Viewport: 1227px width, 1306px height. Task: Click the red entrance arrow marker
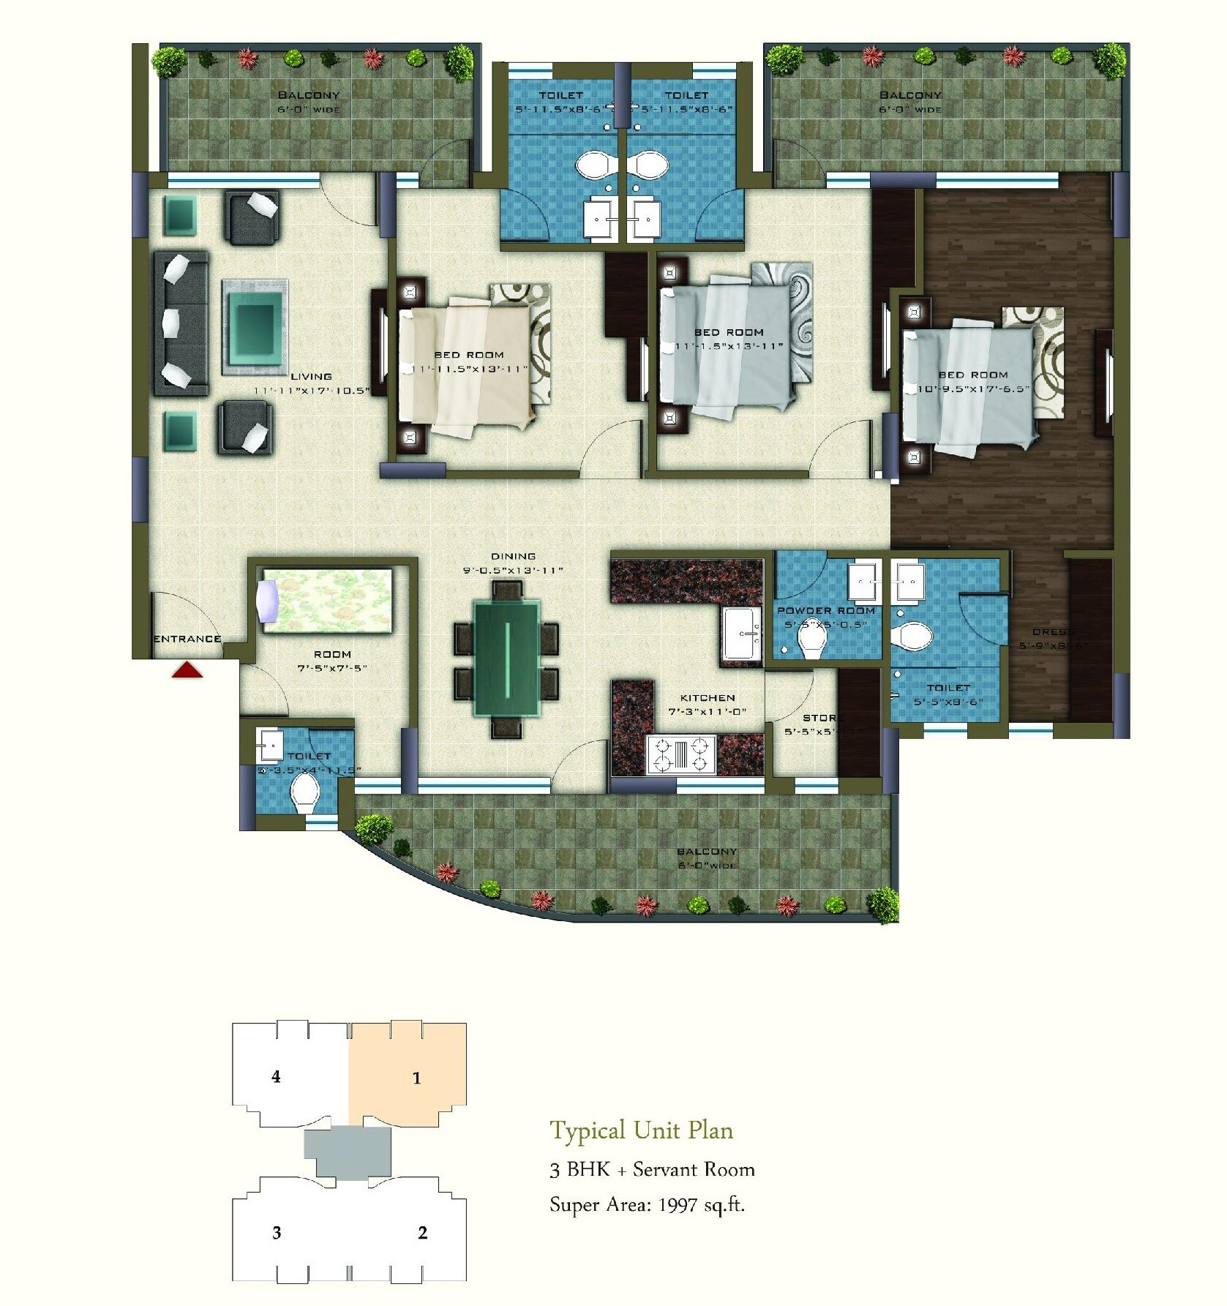pos(187,669)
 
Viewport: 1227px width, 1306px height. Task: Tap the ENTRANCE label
pos(187,639)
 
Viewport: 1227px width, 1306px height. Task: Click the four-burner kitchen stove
pos(681,756)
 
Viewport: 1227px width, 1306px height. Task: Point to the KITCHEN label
pos(707,698)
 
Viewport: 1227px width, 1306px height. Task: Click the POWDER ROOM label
pos(825,610)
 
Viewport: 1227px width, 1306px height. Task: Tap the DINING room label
pos(513,556)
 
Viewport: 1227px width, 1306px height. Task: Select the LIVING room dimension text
pos(312,391)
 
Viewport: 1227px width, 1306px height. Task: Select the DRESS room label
pos(1053,632)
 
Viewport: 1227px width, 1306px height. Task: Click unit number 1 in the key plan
pos(416,1078)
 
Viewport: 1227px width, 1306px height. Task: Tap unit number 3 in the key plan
pos(277,1233)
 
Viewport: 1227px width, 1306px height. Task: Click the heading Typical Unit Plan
pos(641,1130)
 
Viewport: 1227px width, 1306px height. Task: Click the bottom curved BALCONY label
pos(706,852)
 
